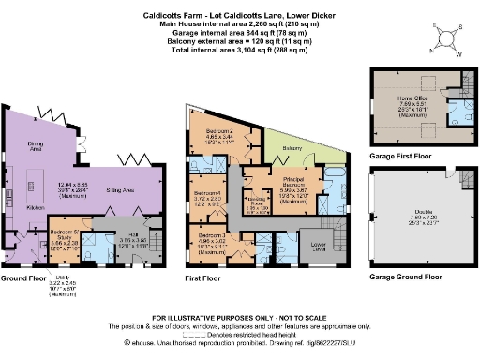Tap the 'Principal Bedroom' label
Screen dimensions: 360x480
(293, 180)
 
